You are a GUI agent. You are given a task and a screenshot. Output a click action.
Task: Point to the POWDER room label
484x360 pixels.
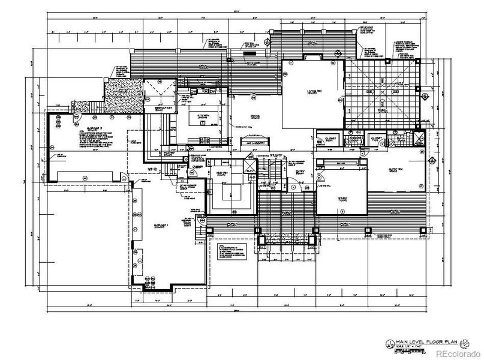[x=355, y=139]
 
